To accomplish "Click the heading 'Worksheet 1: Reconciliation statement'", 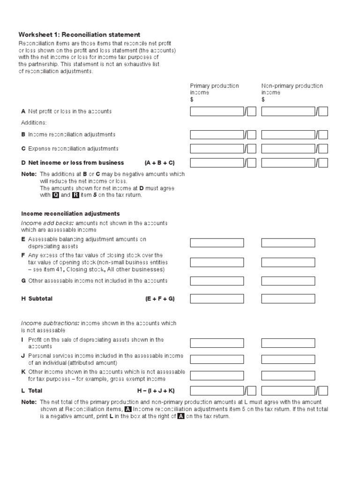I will coord(79,35).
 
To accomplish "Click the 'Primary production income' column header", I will coord(214,89).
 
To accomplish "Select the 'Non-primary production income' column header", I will coord(292,89).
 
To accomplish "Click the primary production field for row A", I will coord(217,112).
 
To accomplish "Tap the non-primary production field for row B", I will coord(288,135).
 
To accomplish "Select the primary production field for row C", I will coord(217,149).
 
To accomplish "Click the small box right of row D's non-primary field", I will coord(323,163).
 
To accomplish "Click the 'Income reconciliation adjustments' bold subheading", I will coord(70,214).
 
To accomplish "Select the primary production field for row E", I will coord(217,243).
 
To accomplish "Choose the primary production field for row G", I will coord(217,281).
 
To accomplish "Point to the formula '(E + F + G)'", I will coord(159,299).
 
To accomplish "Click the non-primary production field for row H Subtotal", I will coord(288,299).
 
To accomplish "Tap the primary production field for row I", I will coord(217,343).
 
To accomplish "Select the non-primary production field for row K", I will coord(288,375).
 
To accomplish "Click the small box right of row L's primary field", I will coord(252,391).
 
